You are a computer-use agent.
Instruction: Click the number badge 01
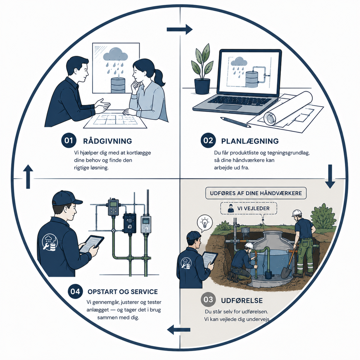69,140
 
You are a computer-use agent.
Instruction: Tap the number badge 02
208,140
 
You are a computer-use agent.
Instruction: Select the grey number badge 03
208,300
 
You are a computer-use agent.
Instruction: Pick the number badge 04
75,292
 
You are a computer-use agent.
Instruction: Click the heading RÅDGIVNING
108,141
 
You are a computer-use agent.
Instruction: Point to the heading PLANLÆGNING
250,141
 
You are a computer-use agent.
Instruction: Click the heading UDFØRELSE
242,301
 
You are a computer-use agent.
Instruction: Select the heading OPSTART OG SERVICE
123,292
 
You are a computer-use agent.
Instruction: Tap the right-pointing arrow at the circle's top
179,29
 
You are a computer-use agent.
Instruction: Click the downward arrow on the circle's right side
330,176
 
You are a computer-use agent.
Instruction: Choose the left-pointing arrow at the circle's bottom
179,330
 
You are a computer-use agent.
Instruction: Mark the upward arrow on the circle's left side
28,176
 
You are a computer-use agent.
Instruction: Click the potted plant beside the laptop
202,69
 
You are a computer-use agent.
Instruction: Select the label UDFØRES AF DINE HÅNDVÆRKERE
256,193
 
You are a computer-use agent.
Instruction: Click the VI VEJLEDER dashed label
249,208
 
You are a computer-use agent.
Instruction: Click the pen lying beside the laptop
235,122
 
